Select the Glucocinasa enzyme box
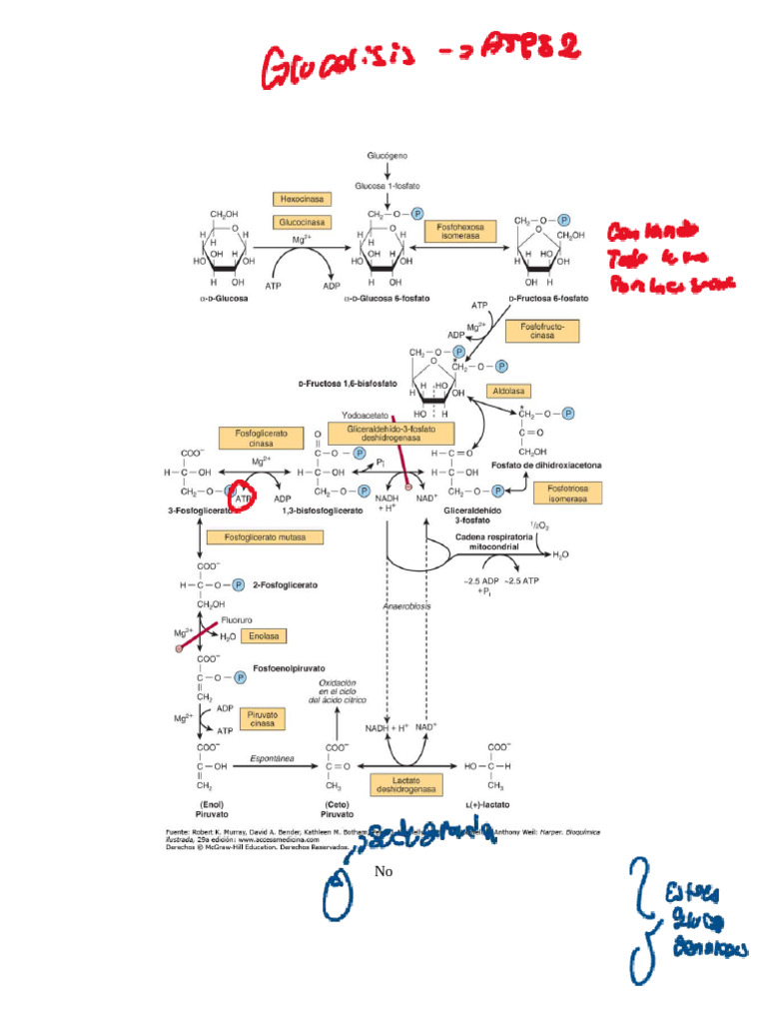pyautogui.click(x=302, y=222)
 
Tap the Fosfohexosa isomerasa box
pyautogui.click(x=460, y=232)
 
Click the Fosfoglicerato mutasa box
pyautogui.click(x=265, y=536)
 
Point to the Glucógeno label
pyautogui.click(x=385, y=157)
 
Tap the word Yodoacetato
pyautogui.click(x=365, y=415)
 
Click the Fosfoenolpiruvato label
pyautogui.click(x=289, y=666)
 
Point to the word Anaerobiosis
pyautogui.click(x=404, y=607)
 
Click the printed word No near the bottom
pyautogui.click(x=383, y=872)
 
